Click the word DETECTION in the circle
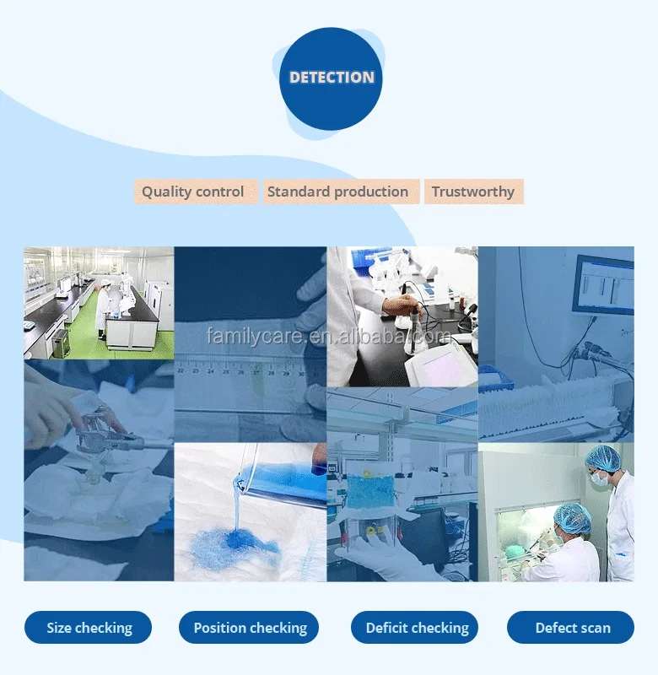(332, 78)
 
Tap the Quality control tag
(196, 192)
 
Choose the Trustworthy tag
(474, 192)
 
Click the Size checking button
(89, 628)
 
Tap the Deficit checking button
(415, 628)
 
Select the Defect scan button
(570, 628)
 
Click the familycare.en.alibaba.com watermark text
(328, 336)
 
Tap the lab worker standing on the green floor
(103, 309)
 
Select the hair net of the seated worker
(572, 516)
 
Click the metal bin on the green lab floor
(60, 343)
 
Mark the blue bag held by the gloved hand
(369, 491)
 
